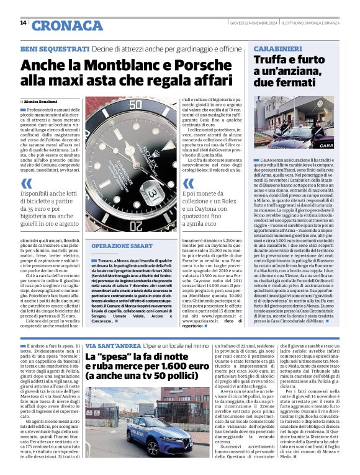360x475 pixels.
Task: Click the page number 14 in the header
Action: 23,22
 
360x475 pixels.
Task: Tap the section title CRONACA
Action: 67,25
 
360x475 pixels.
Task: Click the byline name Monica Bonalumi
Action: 43,100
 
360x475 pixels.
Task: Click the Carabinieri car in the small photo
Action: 292,135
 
